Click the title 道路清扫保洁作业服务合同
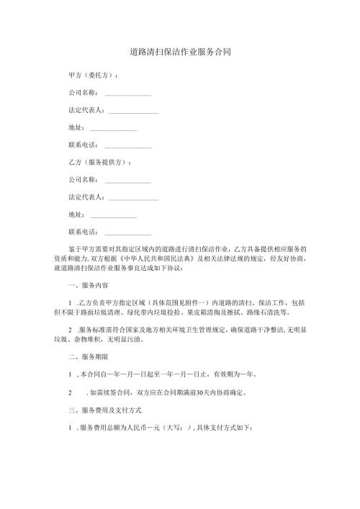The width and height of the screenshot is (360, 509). (x=180, y=53)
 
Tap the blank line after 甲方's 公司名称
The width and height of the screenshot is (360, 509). (x=128, y=94)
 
